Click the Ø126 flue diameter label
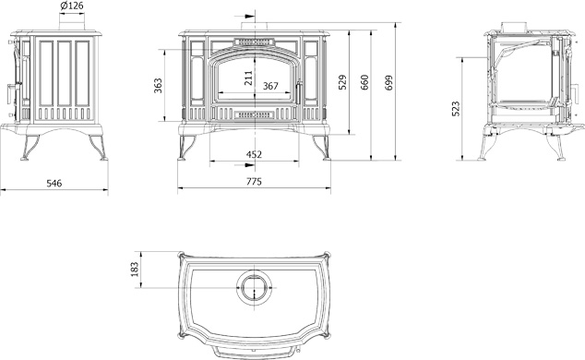(x=71, y=6)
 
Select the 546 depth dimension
(x=54, y=183)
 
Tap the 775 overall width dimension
(x=254, y=182)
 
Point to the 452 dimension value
(x=254, y=154)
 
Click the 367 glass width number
(x=270, y=86)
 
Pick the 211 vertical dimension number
(x=248, y=78)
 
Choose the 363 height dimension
(x=158, y=86)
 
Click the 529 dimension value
(x=342, y=82)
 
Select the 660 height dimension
(x=364, y=82)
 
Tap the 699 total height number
(x=388, y=82)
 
